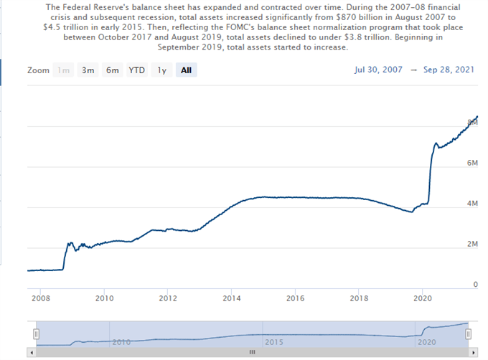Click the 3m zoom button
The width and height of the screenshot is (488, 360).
coord(88,70)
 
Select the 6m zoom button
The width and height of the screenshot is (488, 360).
coord(112,70)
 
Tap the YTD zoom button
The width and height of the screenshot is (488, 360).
coord(136,70)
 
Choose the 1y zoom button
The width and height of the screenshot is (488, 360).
coord(162,70)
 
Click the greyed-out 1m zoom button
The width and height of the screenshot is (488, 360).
coord(64,70)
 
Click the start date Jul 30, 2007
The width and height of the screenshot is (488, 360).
coord(378,70)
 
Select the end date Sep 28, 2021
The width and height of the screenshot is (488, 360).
coord(448,70)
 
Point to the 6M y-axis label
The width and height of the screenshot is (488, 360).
coord(471,163)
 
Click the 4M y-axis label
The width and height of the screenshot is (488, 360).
coord(471,204)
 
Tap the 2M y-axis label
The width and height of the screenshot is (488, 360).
coord(471,244)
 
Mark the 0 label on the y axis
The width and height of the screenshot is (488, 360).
coord(474,284)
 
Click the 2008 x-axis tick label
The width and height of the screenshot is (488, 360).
coord(41,298)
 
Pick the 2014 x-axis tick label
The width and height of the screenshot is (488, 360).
coord(231,298)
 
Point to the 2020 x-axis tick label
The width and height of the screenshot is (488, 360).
coord(423,298)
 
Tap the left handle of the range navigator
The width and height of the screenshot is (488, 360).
coord(36,333)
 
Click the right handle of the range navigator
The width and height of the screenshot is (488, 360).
coord(468,333)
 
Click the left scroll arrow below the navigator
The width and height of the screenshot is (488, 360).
coord(31,353)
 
